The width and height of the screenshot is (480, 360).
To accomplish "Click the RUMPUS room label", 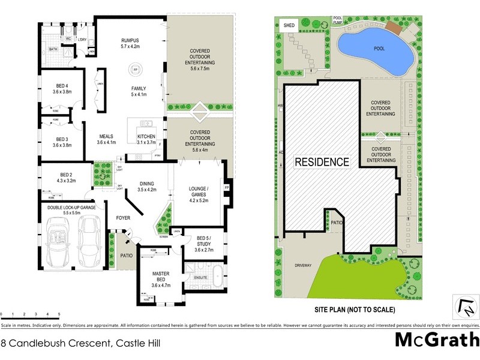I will [130, 40].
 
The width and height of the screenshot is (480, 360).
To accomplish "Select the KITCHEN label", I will [146, 136].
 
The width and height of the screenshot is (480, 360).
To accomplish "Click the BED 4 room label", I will [62, 85].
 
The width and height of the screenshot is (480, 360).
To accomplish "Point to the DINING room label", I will [147, 183].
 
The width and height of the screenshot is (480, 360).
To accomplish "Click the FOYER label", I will [123, 218].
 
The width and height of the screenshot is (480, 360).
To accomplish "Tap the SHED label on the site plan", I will [289, 26].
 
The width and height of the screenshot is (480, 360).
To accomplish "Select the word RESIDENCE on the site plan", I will [322, 162].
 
